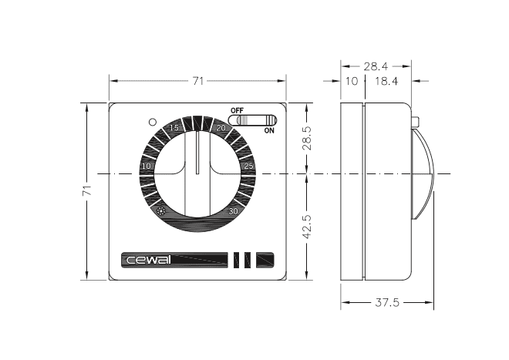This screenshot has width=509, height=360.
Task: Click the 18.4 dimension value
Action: (x=386, y=82)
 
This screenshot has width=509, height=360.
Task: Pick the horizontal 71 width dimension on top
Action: (x=197, y=80)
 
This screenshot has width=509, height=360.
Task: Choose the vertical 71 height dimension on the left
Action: (x=87, y=190)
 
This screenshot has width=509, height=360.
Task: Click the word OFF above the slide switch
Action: (x=237, y=110)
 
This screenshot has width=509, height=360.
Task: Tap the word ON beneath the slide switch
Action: (x=269, y=131)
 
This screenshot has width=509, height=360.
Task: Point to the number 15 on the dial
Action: (x=174, y=127)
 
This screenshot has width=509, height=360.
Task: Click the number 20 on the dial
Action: (x=221, y=128)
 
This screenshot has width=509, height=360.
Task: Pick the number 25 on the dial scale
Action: (x=248, y=166)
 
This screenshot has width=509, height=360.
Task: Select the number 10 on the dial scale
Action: (x=147, y=167)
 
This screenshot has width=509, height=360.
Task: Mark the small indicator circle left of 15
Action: (x=153, y=122)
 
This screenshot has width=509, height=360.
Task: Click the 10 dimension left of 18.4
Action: (x=352, y=82)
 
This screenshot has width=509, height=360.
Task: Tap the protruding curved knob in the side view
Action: (x=423, y=173)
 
